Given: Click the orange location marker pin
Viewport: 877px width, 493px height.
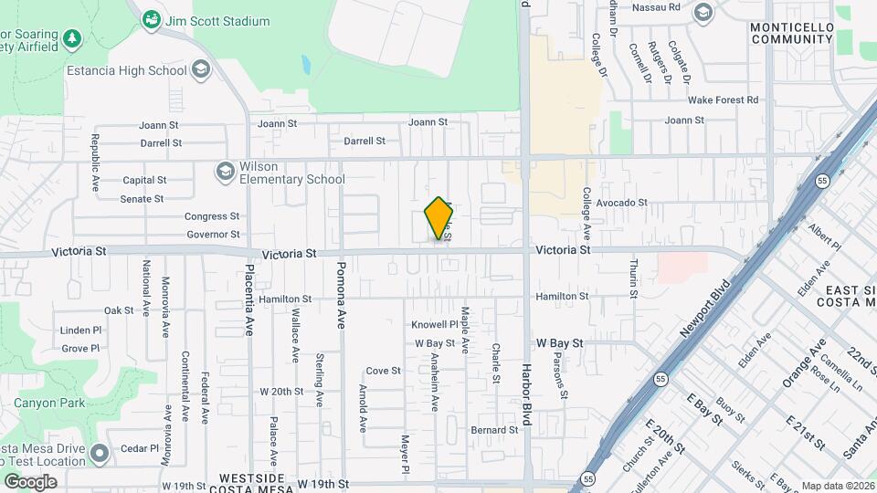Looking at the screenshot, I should coord(439,219).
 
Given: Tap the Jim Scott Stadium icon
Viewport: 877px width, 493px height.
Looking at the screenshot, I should coord(152,20).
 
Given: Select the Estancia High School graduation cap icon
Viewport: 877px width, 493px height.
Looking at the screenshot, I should coord(201,70).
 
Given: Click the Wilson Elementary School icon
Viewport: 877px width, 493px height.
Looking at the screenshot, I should coord(225,172).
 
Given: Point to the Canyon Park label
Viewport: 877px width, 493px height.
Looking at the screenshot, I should coord(49,403).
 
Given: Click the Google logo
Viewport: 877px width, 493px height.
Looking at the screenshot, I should coord(30,481).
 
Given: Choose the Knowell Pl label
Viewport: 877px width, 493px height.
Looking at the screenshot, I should coord(434,325).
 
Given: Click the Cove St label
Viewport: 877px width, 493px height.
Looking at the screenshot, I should coord(383,371).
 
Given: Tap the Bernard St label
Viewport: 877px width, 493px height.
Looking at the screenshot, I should coord(494,430).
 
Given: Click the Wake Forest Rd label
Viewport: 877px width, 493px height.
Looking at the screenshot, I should coord(723,100).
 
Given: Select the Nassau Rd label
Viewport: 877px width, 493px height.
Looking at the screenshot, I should coord(661,6).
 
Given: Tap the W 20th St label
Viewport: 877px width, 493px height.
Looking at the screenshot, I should coord(281,392).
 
